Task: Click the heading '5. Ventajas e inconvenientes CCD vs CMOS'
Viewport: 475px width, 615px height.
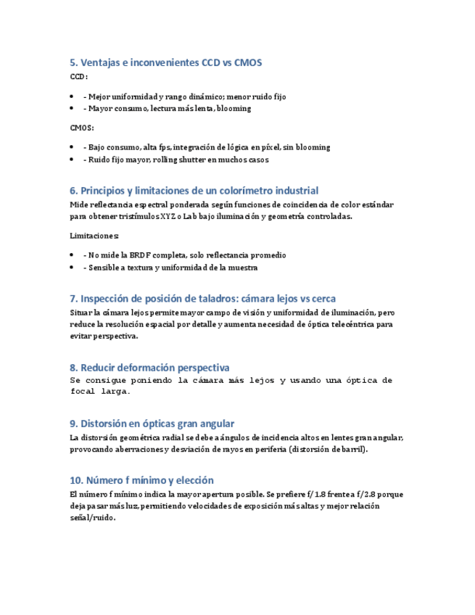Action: pos(165,62)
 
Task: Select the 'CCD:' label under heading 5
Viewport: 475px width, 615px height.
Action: pos(78,76)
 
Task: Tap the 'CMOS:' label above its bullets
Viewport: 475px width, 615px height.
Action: pos(82,128)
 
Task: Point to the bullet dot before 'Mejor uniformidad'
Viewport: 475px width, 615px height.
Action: pos(73,96)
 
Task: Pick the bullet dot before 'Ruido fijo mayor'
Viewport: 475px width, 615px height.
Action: pos(73,160)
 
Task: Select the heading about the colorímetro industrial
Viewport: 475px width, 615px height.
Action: pos(194,191)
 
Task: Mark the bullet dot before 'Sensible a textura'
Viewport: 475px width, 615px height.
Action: pos(73,268)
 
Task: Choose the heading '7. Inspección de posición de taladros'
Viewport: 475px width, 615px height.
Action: pos(202,298)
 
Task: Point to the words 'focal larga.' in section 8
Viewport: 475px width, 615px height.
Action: pos(100,392)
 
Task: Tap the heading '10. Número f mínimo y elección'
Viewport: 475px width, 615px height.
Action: pos(141,480)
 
